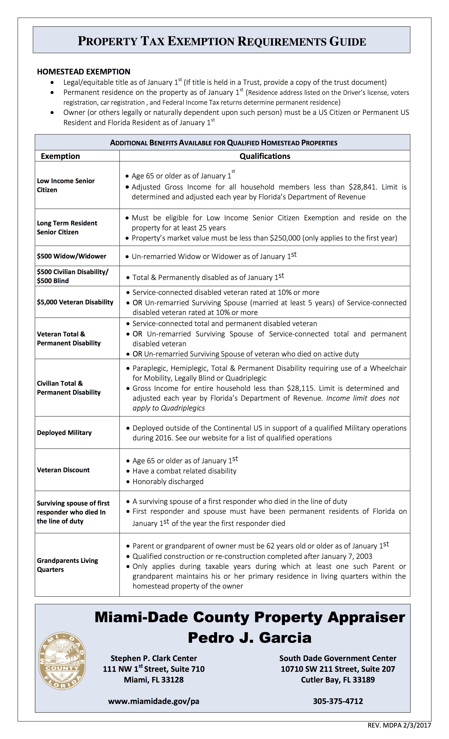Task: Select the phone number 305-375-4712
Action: (x=338, y=701)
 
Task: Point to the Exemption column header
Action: (x=60, y=156)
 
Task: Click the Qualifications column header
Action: (x=265, y=156)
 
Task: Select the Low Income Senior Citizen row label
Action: (x=66, y=185)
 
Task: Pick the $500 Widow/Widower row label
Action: (x=71, y=256)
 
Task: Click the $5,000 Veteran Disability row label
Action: (x=75, y=302)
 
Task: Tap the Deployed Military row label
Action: (x=64, y=432)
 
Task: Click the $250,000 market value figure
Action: (x=285, y=238)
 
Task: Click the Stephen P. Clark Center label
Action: (x=154, y=658)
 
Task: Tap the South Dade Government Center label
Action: (x=338, y=658)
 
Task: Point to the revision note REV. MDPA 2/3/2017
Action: (x=399, y=725)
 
